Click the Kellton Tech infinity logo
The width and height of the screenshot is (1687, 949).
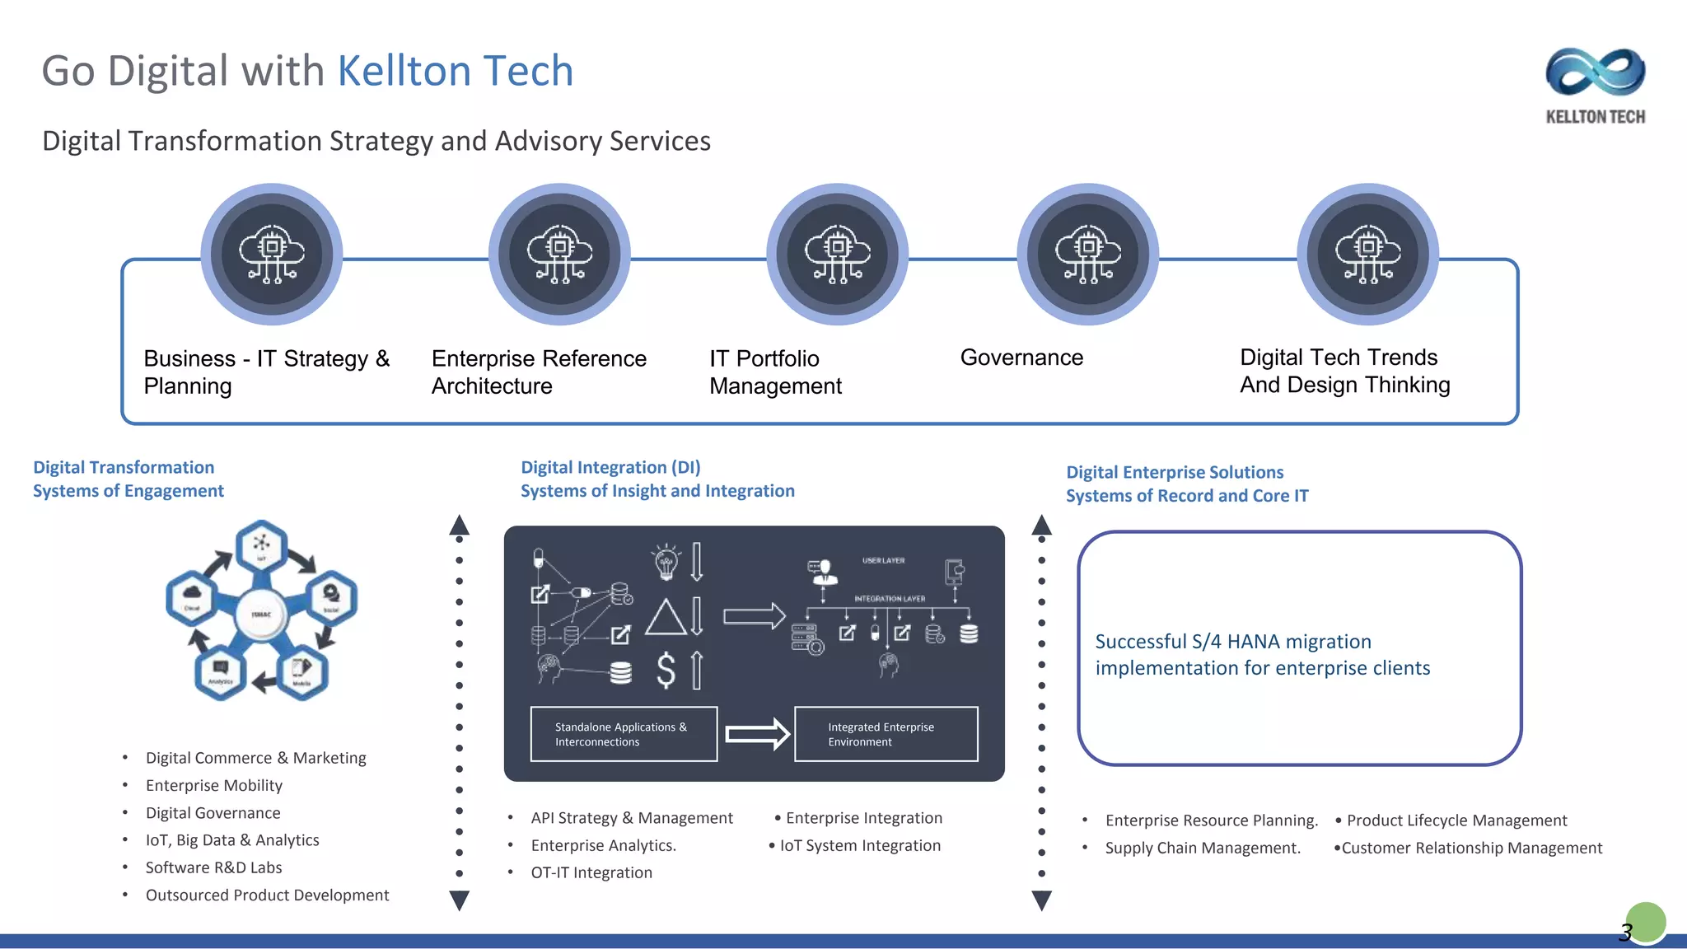point(1595,72)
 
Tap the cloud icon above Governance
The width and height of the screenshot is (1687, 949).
point(1087,254)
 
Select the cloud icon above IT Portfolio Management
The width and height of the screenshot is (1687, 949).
point(837,254)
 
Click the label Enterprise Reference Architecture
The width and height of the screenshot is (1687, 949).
point(539,372)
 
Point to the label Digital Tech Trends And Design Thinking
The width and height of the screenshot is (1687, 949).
point(1344,371)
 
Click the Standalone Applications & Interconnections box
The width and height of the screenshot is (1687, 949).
point(624,734)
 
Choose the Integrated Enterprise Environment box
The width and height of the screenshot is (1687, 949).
point(886,734)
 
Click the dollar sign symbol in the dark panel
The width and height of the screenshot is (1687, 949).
point(666,670)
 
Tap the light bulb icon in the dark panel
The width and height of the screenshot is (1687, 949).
point(666,562)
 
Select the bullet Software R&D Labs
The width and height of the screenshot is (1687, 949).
point(213,867)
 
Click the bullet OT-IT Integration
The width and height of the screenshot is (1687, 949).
point(591,872)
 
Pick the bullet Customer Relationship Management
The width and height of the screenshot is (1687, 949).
point(1471,848)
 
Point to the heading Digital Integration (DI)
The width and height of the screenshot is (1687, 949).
point(610,467)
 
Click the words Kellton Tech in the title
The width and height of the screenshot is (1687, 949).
point(455,71)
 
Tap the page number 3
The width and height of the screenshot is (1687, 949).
point(1625,932)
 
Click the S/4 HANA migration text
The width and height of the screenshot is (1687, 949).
point(1262,654)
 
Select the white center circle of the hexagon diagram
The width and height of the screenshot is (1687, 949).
point(261,614)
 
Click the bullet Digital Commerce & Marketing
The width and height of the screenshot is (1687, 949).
point(255,758)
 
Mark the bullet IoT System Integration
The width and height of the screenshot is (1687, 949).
point(859,845)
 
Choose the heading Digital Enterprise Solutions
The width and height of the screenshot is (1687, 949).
point(1174,472)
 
